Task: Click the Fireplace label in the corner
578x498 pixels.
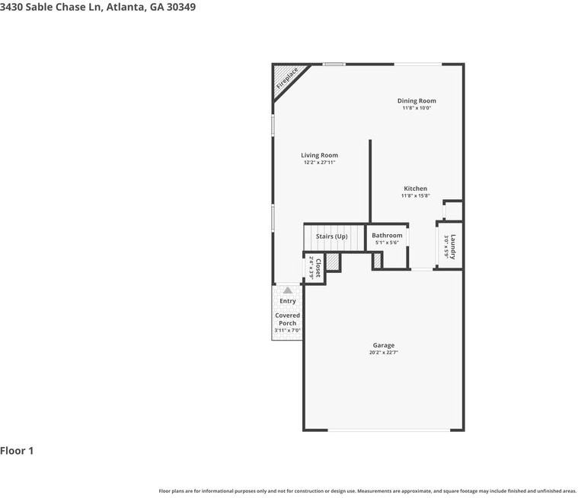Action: click(x=287, y=78)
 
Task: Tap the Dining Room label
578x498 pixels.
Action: click(x=417, y=100)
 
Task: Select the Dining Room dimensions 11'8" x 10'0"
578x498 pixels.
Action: click(x=417, y=108)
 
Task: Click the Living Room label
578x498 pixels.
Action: click(x=319, y=155)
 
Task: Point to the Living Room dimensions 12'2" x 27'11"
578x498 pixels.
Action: click(x=319, y=163)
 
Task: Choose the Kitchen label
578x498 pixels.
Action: click(x=415, y=189)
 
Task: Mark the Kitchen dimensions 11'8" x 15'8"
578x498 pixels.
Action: click(x=415, y=196)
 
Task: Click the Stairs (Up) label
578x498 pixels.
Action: click(x=331, y=236)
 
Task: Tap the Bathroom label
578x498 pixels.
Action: click(x=387, y=236)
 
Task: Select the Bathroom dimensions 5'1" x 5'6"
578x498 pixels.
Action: click(x=387, y=243)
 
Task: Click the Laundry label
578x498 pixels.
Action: click(x=452, y=246)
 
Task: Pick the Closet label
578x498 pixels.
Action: click(x=318, y=268)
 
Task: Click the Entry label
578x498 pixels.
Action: click(x=287, y=301)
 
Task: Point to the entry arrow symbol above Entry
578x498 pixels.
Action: click(x=287, y=290)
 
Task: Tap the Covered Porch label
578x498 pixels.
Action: click(x=287, y=319)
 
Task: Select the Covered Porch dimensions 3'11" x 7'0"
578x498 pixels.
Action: click(x=287, y=331)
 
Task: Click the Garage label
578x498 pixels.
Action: click(x=383, y=345)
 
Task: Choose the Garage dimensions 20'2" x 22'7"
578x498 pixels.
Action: click(x=383, y=353)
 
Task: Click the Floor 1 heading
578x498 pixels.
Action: click(x=17, y=451)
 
